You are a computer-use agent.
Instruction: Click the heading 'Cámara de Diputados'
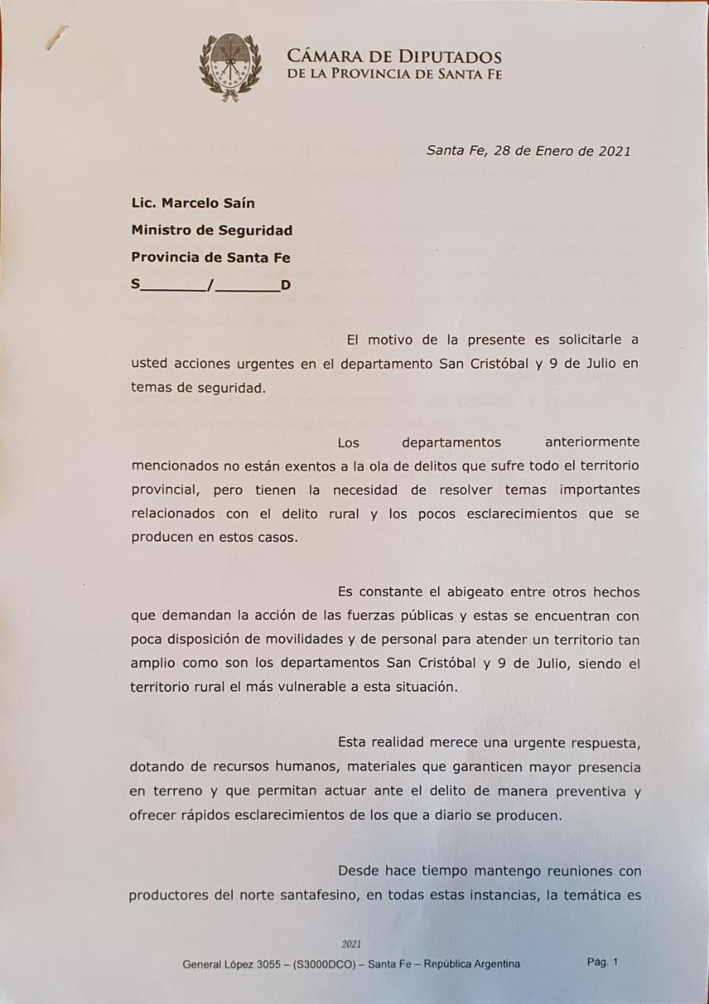394,56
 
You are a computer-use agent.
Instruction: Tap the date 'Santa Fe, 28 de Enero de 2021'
528,151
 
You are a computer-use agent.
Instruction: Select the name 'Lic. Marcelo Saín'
193,203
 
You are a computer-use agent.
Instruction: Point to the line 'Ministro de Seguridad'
212,231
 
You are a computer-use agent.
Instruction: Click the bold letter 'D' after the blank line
285,285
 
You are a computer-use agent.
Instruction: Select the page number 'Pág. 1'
602,962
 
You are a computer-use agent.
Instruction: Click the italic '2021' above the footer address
351,944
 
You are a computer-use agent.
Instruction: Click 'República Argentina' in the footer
471,964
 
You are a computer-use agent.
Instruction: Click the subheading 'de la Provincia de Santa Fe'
394,75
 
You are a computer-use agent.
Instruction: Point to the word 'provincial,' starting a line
163,489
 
